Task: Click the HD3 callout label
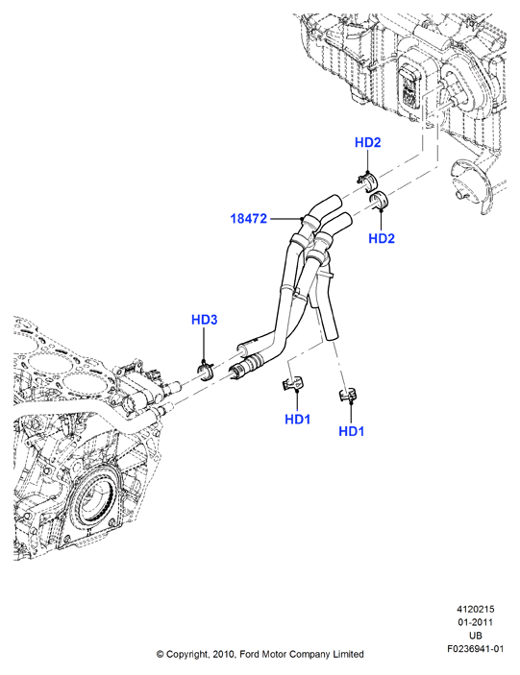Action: tap(204, 320)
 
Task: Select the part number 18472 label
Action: tap(249, 218)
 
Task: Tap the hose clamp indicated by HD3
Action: tap(205, 371)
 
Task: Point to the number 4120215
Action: tap(476, 609)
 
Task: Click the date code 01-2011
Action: tap(476, 622)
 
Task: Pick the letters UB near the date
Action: tap(476, 636)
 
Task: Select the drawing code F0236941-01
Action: tap(476, 649)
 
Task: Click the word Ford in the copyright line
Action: tap(249, 654)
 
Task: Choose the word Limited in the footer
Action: tap(348, 654)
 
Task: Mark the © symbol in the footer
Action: tap(160, 654)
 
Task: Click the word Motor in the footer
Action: tap(273, 654)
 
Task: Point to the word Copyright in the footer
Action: tap(188, 655)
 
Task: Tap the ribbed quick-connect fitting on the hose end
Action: tap(244, 366)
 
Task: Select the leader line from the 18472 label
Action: tap(284, 219)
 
